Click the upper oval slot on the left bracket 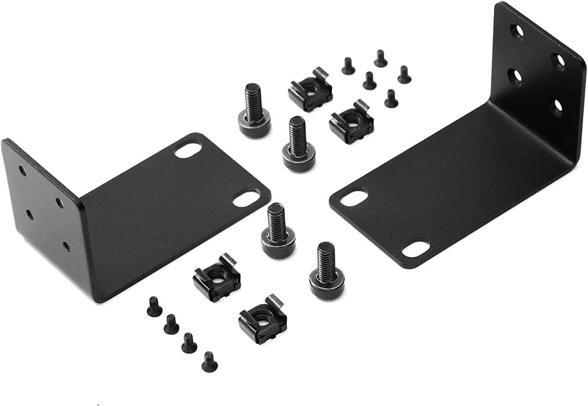[188, 150]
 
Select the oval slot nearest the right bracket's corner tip [415, 249]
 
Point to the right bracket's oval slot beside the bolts [354, 197]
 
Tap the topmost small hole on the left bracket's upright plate [22, 170]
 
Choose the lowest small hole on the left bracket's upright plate [66, 247]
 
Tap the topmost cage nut [310, 89]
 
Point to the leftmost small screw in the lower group [154, 307]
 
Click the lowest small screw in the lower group [209, 361]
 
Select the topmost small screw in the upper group [381, 58]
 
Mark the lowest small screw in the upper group [391, 99]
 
